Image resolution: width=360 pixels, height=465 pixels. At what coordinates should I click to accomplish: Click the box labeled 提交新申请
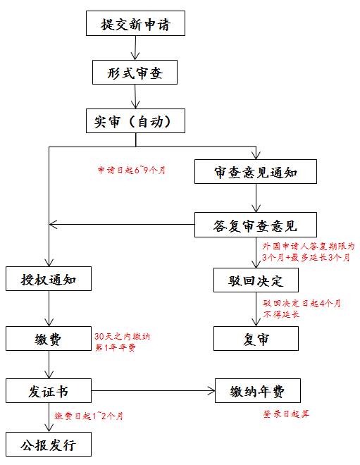coord(135,23)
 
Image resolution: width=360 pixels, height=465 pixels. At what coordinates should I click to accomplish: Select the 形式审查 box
coord(135,73)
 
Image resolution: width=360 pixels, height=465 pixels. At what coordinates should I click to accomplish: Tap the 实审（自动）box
coord(135,120)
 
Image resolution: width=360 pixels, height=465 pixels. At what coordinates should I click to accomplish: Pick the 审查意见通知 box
coord(256,172)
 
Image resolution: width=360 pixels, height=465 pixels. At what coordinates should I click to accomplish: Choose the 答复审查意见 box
coord(256,225)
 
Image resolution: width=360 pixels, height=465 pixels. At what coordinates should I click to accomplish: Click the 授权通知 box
coord(49,279)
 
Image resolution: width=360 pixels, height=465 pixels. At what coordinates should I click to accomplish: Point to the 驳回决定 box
coord(256,280)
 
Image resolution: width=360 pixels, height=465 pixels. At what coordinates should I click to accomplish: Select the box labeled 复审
coord(256,339)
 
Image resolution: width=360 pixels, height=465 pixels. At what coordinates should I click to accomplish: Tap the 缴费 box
coord(49,339)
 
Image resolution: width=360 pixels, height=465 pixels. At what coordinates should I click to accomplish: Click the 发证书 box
coord(49,390)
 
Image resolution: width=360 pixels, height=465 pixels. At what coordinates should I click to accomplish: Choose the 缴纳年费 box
coord(258,390)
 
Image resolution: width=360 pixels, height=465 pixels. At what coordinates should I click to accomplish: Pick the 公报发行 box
coord(49,445)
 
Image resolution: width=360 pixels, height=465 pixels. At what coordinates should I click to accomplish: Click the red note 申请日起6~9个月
coord(132,170)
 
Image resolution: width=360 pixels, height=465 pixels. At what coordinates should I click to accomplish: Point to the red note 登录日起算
coord(286,414)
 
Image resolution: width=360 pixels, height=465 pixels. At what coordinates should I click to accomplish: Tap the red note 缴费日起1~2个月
coord(89,416)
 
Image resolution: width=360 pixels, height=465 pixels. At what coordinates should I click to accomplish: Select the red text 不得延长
coord(281,314)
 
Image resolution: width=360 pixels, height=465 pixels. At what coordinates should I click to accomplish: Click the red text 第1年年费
coord(116,347)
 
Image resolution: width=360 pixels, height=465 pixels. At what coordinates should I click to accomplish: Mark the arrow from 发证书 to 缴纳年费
coord(154,391)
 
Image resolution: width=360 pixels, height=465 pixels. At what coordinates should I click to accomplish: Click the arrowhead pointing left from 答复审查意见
coord(53,225)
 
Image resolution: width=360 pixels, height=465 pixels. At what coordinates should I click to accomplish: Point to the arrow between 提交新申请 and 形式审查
coord(135,48)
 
